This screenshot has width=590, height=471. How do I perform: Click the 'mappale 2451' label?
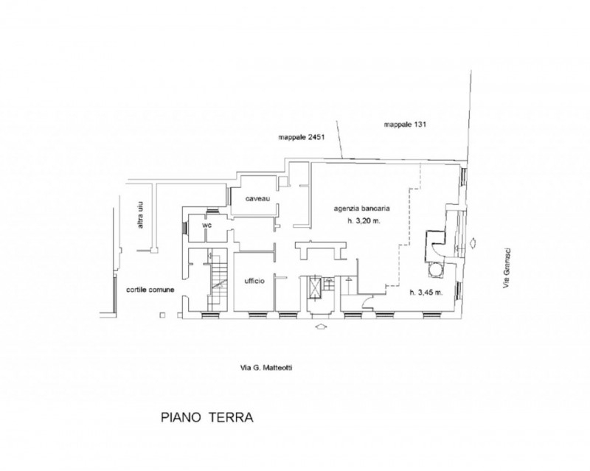pyautogui.click(x=302, y=137)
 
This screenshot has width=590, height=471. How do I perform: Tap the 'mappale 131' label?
pyautogui.click(x=405, y=124)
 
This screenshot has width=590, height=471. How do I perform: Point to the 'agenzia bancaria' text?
pyautogui.click(x=361, y=209)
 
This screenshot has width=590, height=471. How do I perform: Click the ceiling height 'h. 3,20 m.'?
pyautogui.click(x=364, y=221)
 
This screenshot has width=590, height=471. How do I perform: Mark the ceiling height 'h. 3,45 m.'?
pyautogui.click(x=426, y=293)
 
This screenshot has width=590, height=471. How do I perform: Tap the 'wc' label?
pyautogui.click(x=207, y=226)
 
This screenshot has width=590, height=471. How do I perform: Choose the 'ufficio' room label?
pyautogui.click(x=254, y=281)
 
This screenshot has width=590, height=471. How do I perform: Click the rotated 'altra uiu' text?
pyautogui.click(x=140, y=215)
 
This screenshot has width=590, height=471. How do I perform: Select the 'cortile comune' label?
pyautogui.click(x=150, y=290)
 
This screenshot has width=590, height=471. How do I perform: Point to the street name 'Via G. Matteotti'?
pyautogui.click(x=266, y=368)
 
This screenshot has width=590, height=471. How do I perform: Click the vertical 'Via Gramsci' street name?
pyautogui.click(x=507, y=268)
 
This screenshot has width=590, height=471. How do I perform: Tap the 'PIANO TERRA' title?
pyautogui.click(x=207, y=417)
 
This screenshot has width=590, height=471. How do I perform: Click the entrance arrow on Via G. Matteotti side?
pyautogui.click(x=320, y=327)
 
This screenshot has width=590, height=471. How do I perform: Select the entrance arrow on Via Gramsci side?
pyautogui.click(x=473, y=243)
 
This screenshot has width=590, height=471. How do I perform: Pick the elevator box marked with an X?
pyautogui.click(x=314, y=287)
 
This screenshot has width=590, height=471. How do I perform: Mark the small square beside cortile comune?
pyautogui.click(x=162, y=315)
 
